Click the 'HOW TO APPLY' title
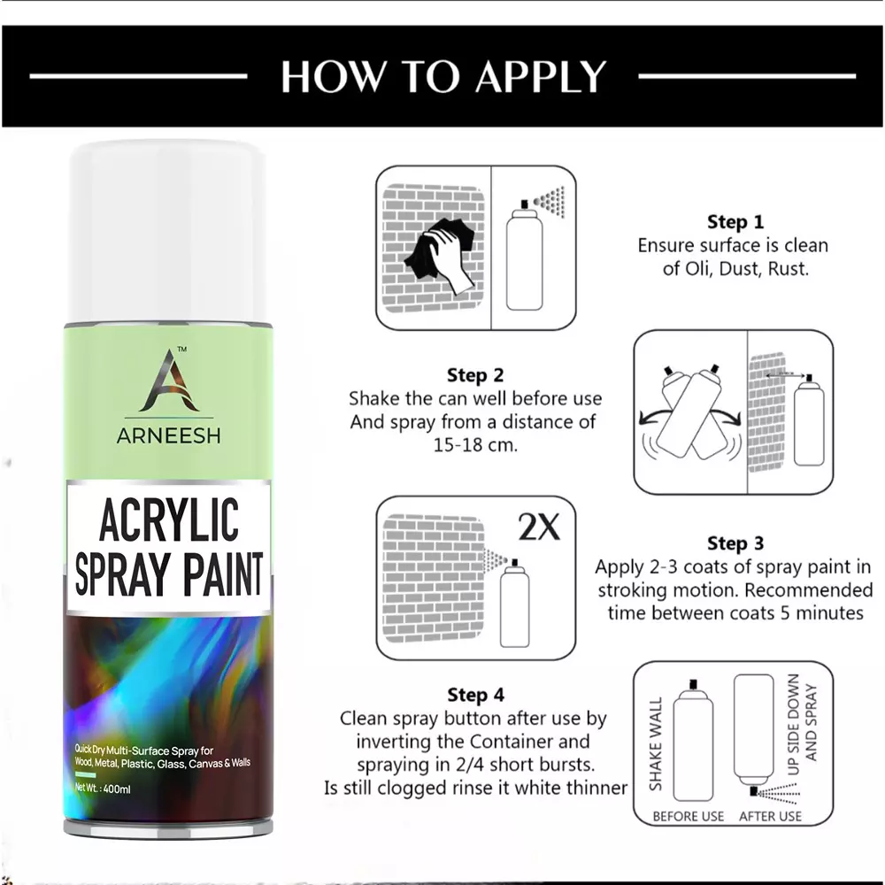pos(442,76)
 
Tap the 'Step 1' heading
pos(735,222)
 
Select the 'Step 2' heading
pos(475,375)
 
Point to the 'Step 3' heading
pos(735,543)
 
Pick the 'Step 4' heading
pos(475,695)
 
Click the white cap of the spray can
pos(168,221)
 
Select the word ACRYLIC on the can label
pos(168,520)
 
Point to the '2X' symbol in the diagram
pos(538,528)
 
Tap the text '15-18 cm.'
pos(475,445)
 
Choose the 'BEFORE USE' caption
pos(688,816)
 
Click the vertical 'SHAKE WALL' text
pos(657,749)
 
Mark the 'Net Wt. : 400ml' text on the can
pos(104,787)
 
